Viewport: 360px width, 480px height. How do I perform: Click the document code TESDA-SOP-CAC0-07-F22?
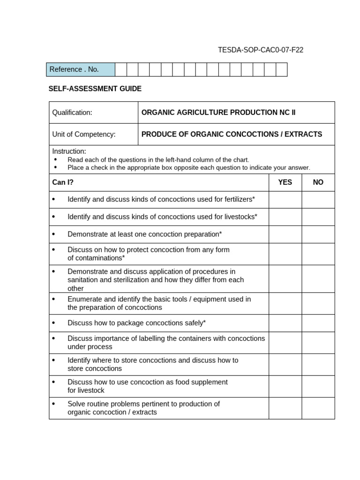coord(261,50)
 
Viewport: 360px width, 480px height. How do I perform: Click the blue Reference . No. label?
coord(74,69)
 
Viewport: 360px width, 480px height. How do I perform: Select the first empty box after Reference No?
coord(121,69)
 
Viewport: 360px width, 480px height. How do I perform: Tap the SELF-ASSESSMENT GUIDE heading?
coord(95,89)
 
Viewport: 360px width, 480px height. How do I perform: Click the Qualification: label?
coord(72,112)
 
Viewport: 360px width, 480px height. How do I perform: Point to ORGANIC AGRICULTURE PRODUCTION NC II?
coord(218,112)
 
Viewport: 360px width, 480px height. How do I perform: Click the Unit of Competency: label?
coord(84,135)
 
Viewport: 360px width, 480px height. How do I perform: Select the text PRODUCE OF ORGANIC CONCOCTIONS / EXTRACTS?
coord(232,135)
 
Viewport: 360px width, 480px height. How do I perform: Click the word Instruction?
coord(69,151)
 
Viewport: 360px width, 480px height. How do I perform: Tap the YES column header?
coord(285,182)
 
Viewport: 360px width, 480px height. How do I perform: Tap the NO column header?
coord(318,182)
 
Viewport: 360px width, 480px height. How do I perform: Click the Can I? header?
coord(63,182)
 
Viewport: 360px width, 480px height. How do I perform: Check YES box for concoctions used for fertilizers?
coord(285,200)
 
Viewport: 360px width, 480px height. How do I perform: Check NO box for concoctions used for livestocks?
coord(318,217)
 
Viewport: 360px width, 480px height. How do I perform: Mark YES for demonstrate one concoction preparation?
coord(285,234)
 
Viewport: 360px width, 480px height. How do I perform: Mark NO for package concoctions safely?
coord(318,323)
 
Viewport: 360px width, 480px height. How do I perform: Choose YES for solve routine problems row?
coord(285,408)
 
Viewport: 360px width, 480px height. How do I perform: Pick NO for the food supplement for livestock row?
coord(318,386)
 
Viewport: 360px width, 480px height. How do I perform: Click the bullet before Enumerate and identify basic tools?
coord(53,299)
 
